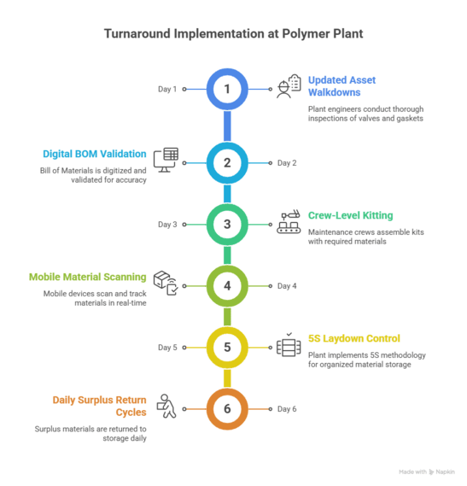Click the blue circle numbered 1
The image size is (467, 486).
227,89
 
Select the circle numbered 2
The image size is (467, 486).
227,162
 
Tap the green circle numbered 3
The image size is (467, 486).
227,225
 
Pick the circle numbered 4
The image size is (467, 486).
227,285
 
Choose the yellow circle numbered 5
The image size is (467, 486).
227,348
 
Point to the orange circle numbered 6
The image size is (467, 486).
227,409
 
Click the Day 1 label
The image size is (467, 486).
167,89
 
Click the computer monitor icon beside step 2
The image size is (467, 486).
165,160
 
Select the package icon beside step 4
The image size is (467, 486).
165,284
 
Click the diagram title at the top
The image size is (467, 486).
233,34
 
